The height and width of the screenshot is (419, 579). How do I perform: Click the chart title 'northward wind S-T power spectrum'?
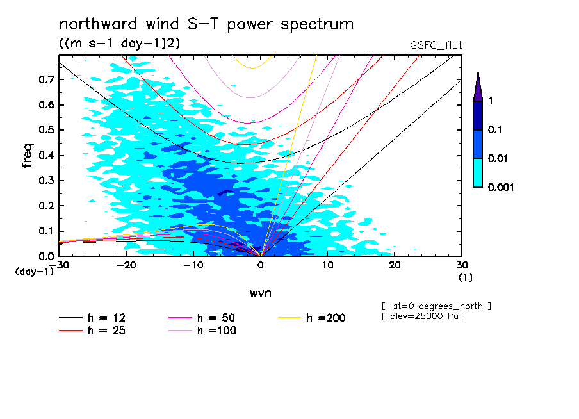click(206, 24)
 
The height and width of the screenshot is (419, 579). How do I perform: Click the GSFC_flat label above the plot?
click(436, 45)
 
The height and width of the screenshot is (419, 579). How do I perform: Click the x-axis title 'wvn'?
click(260, 293)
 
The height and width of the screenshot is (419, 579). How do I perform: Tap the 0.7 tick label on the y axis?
click(46, 79)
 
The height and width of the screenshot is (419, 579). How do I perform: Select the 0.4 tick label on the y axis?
click(46, 155)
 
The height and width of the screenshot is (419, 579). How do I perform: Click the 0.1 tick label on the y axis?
click(46, 231)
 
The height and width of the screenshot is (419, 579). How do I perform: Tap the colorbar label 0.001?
click(501, 187)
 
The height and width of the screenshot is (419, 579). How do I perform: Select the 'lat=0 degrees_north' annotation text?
click(436, 306)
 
